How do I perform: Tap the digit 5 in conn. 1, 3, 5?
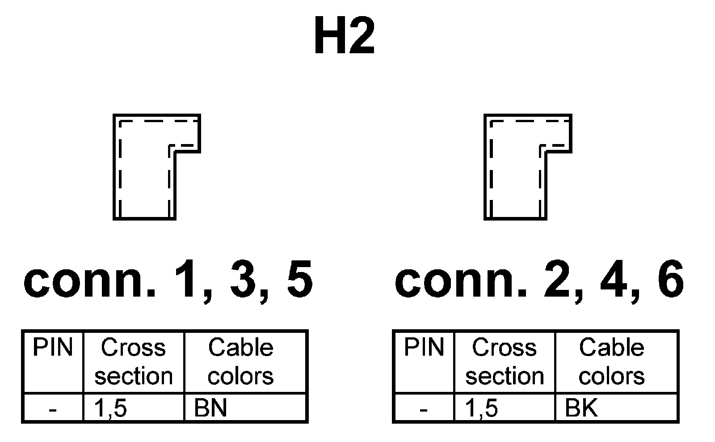(299, 280)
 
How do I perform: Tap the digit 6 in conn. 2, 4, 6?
(670, 280)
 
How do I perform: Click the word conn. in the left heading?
(89, 280)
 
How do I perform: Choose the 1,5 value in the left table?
(111, 408)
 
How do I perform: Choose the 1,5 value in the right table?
(482, 408)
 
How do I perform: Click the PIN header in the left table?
(53, 348)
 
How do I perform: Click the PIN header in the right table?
(424, 348)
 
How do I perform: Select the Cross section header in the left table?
(133, 361)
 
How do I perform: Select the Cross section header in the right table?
(504, 361)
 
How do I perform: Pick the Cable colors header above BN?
(240, 361)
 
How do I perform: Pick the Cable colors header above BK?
(611, 361)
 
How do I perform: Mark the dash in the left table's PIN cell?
(53, 409)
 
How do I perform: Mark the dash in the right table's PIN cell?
(424, 409)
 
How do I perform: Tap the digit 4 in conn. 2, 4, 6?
(613, 280)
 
